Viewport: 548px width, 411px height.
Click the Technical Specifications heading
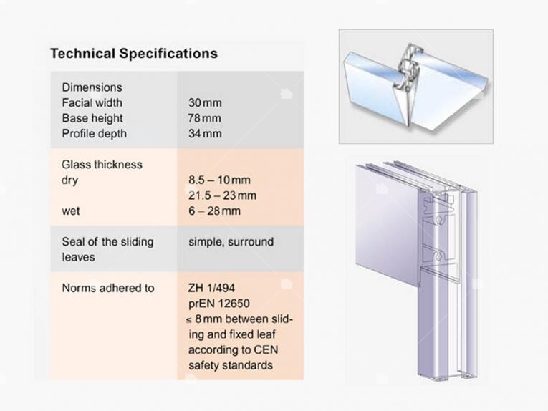pyautogui.click(x=134, y=54)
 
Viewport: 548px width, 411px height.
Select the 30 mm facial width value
pyautogui.click(x=205, y=103)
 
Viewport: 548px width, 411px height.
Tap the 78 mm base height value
pyautogui.click(x=204, y=118)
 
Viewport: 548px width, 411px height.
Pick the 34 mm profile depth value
pyautogui.click(x=205, y=134)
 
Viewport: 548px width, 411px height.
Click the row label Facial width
pyautogui.click(x=92, y=103)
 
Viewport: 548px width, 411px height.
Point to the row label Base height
pyautogui.click(x=92, y=119)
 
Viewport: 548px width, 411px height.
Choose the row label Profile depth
pyautogui.click(x=95, y=134)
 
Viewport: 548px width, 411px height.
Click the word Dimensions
pyautogui.click(x=92, y=87)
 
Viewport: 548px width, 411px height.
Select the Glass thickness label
pyautogui.click(x=102, y=165)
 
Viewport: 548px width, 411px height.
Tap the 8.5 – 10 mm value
pyautogui.click(x=219, y=180)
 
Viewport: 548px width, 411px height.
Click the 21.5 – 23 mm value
pyautogui.click(x=223, y=195)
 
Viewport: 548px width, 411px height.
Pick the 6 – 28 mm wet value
pyautogui.click(x=215, y=211)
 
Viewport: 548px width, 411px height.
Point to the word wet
pyautogui.click(x=71, y=211)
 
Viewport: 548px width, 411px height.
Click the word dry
pyautogui.click(x=70, y=181)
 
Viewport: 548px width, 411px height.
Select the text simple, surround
pyautogui.click(x=231, y=242)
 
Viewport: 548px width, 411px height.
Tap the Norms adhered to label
pyautogui.click(x=108, y=288)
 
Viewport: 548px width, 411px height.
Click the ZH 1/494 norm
pyautogui.click(x=211, y=288)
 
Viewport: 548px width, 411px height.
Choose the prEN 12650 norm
pyautogui.click(x=219, y=304)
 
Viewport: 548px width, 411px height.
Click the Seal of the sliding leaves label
pyautogui.click(x=107, y=249)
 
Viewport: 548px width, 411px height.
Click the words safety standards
pyautogui.click(x=231, y=366)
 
